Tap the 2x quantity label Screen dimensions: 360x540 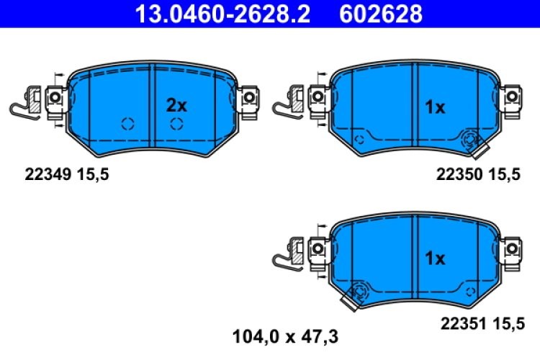point(176,105)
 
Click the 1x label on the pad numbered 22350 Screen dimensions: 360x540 point(435,107)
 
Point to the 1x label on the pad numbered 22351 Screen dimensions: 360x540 point(435,258)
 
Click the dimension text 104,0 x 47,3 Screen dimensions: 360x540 point(285,336)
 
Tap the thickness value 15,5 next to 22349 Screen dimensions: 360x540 point(95,173)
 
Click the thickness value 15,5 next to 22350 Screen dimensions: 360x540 point(505,173)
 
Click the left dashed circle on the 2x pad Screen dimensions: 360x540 point(128,123)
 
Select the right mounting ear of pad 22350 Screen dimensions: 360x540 point(512,96)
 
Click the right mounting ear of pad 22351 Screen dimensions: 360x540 point(512,247)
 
